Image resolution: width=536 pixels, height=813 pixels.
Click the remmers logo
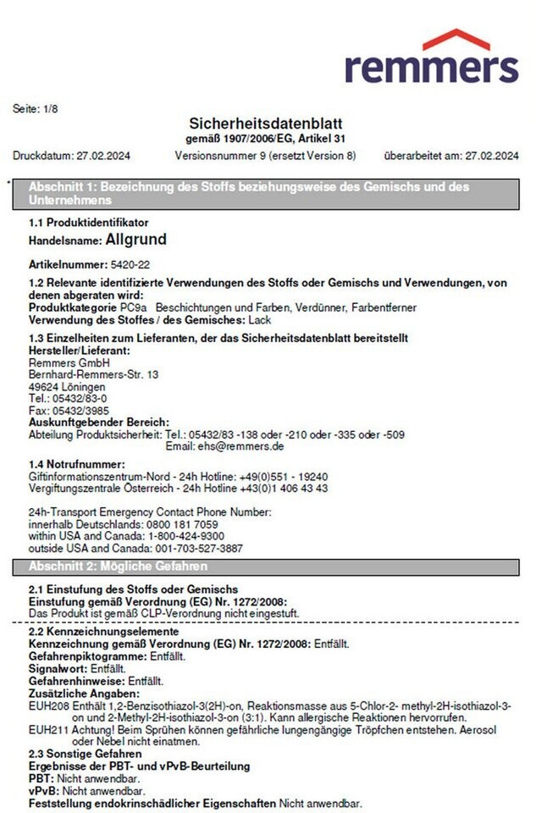click(431, 58)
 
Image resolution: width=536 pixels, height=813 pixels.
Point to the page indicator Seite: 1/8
click(36, 108)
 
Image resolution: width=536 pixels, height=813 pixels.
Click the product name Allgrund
click(135, 241)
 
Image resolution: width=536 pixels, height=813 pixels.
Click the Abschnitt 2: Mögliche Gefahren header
click(119, 567)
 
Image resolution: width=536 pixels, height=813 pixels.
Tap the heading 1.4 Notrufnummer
click(77, 464)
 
